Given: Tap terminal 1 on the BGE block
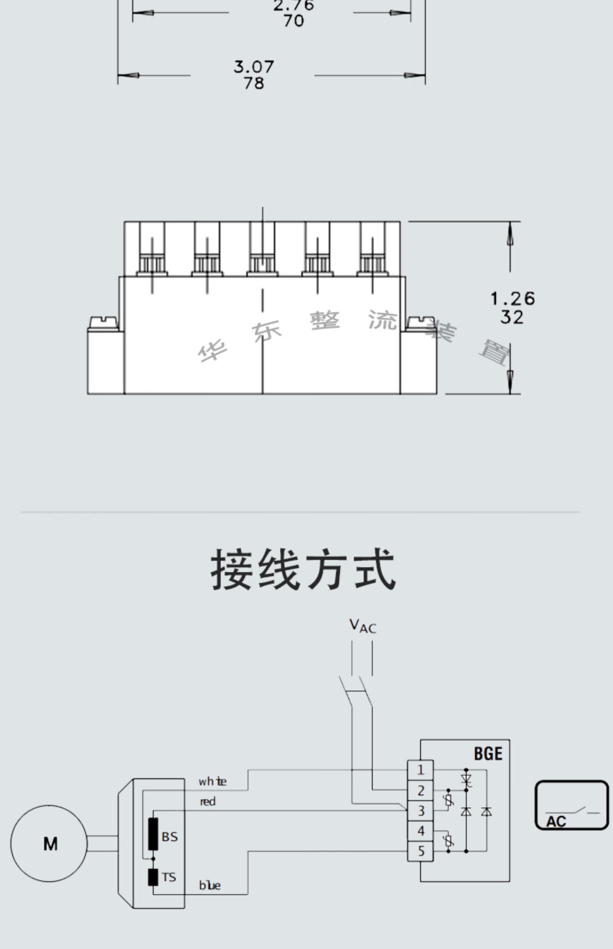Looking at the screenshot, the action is (421, 770).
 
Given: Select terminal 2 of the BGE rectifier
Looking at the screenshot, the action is (421, 790).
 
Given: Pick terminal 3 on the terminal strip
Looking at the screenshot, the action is (421, 810).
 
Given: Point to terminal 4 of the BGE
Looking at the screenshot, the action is (421, 831).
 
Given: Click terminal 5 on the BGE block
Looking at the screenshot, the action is (421, 851).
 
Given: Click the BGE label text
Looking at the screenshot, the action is (488, 754).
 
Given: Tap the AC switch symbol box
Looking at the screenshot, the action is (572, 805).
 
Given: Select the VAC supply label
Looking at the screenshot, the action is (362, 626).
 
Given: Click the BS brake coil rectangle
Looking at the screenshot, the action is (153, 834).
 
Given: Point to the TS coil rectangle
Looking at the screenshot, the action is (153, 877).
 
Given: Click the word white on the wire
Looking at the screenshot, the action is (212, 782).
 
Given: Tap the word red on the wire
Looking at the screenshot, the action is (208, 802).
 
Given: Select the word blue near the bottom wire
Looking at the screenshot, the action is (210, 886).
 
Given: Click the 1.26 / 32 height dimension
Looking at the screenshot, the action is (512, 308).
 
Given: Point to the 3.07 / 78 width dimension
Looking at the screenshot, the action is (253, 75).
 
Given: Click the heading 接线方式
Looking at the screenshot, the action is (303, 569).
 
